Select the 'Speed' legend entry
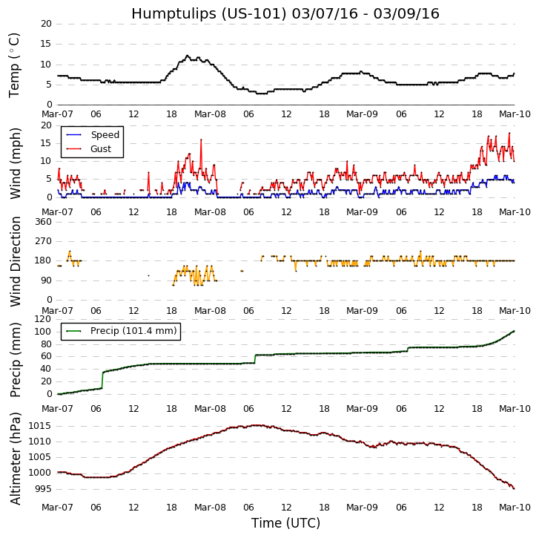click(x=104, y=135)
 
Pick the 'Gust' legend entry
click(x=100, y=149)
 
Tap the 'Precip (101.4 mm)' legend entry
click(x=133, y=331)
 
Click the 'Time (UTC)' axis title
click(x=285, y=523)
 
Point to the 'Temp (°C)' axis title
click(x=15, y=65)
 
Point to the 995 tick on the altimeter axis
click(x=44, y=489)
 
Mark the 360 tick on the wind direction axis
click(x=43, y=222)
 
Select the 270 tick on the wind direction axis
click(x=43, y=241)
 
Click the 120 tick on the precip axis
click(x=43, y=319)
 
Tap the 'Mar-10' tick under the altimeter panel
click(x=515, y=508)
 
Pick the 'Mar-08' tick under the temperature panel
click(x=210, y=114)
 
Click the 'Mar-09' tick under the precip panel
click(x=363, y=409)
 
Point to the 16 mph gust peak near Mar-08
click(x=200, y=140)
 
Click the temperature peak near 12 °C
click(x=187, y=56)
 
